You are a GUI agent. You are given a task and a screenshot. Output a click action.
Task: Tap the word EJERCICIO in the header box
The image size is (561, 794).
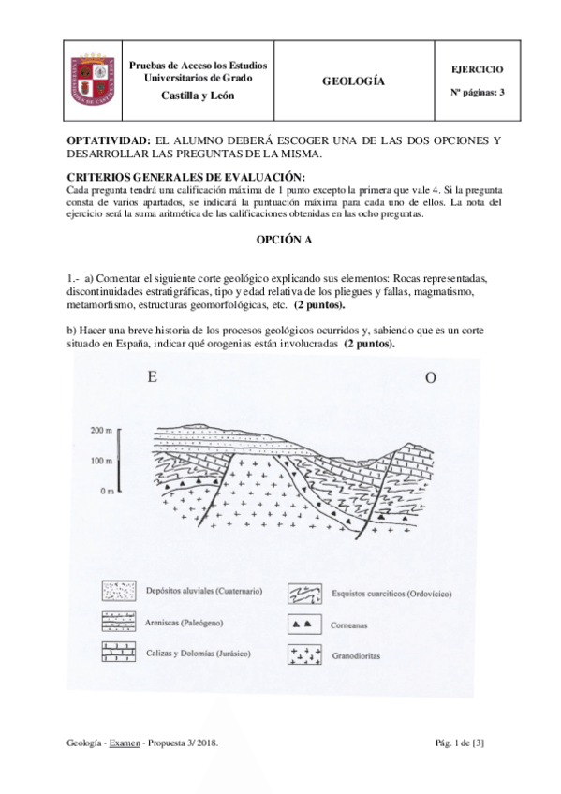477,69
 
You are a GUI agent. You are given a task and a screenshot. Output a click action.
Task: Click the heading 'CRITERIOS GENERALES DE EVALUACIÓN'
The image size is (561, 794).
186,178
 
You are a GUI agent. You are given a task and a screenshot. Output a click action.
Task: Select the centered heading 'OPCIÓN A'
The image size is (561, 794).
284,240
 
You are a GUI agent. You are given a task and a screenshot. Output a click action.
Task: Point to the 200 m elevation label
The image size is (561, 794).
101,432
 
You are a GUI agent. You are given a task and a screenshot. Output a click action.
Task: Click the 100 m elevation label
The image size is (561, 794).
101,462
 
